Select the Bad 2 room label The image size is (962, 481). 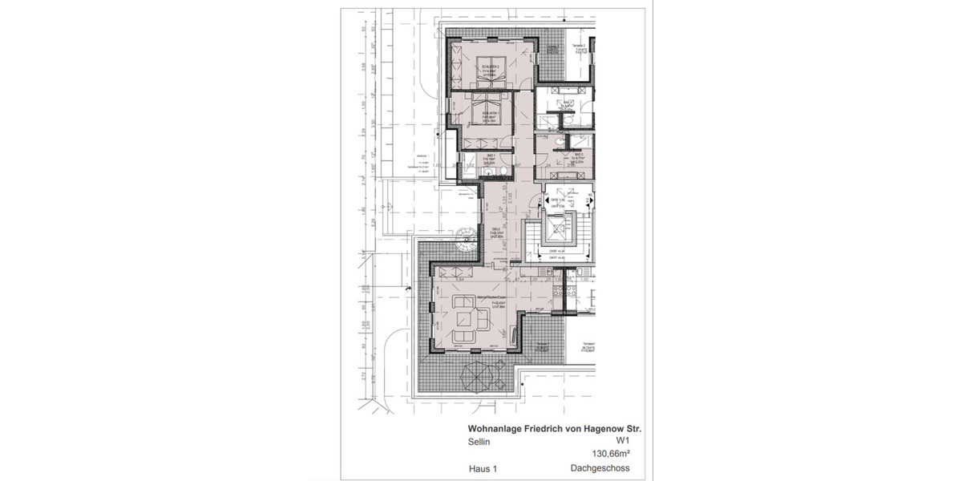click(577, 156)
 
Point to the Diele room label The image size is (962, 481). click(497, 233)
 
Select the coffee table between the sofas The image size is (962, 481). click(466, 318)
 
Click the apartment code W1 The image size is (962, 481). click(623, 441)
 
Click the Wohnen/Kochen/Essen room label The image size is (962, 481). click(469, 297)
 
